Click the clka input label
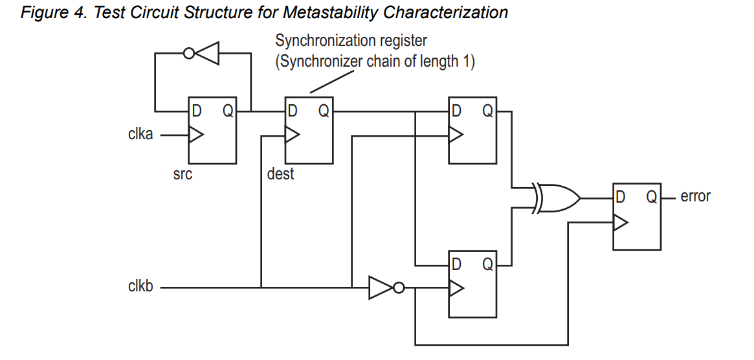(140, 135)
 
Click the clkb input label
(140, 286)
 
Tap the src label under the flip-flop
(183, 174)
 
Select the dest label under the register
(280, 174)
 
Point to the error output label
(695, 196)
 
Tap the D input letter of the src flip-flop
(196, 111)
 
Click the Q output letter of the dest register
(324, 111)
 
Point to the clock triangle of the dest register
(292, 135)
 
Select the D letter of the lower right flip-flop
(457, 264)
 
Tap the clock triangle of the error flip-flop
(620, 223)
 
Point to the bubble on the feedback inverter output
(188, 54)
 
